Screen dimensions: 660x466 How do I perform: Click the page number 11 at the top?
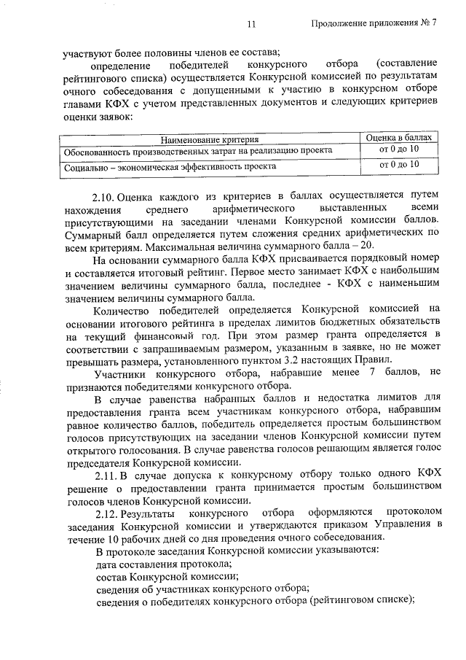click(251, 23)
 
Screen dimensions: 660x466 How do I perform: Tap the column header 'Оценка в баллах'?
click(400, 137)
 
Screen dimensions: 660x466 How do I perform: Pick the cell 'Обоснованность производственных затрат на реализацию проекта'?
click(198, 151)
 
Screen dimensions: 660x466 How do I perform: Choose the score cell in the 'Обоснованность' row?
click(400, 150)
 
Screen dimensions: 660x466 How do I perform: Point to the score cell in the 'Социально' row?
click(400, 166)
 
